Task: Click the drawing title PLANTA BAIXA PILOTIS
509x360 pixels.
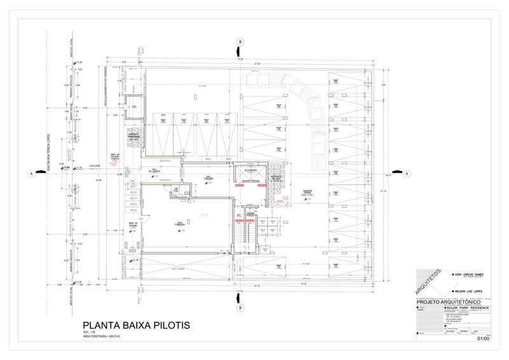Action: coord(132,326)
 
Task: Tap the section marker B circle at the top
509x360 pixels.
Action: coord(241,42)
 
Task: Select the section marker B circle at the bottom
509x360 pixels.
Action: coord(241,308)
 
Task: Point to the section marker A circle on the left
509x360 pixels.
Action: coord(30,173)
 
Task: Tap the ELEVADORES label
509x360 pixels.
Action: coord(249,170)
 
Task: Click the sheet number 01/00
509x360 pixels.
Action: coord(483,339)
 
